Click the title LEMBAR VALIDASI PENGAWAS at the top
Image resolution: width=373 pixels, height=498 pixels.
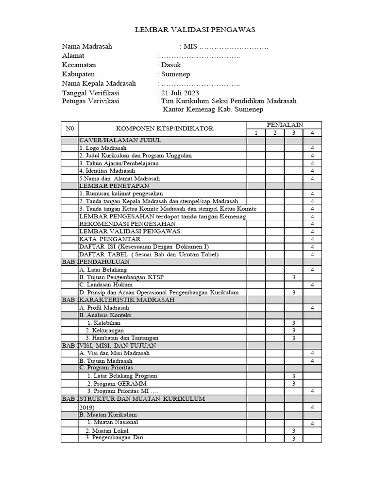point(195,30)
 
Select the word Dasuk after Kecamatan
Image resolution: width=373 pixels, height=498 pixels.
point(171,65)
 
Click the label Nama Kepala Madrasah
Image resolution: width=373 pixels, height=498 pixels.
point(99,84)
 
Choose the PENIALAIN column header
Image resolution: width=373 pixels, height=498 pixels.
point(284,125)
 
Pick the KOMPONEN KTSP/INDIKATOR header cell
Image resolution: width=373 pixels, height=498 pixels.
point(164,129)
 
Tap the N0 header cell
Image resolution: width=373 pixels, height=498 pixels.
point(69,129)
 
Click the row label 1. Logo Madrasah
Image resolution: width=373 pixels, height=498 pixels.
point(103,148)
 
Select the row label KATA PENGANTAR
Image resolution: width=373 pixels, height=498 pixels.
point(110,239)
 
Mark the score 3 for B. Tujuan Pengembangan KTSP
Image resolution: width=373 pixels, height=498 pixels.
point(294,277)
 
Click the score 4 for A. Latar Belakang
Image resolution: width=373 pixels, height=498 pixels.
point(313,269)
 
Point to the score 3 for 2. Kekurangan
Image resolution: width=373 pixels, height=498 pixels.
point(294,330)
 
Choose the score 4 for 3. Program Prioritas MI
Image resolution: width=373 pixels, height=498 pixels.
point(313,391)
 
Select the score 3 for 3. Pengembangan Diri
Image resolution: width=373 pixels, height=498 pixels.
point(294,439)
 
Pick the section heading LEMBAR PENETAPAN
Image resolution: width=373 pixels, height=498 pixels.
point(114,186)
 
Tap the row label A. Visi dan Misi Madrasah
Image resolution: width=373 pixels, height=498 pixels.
point(114,353)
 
